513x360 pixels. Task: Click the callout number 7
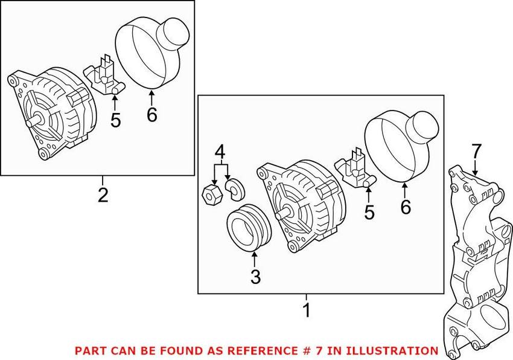[476, 152]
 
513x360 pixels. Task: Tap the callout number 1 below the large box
[307, 310]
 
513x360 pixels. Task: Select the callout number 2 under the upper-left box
[103, 195]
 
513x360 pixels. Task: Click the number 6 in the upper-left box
[152, 114]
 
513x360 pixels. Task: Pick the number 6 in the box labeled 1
[406, 207]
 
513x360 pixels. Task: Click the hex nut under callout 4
[212, 195]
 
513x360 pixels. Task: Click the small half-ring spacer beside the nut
[234, 189]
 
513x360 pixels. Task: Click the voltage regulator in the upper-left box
[104, 76]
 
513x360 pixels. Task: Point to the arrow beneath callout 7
[474, 168]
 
